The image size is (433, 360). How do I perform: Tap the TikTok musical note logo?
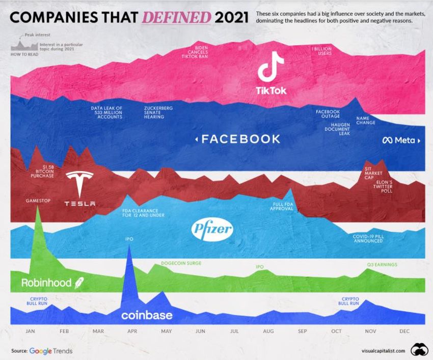point(270,68)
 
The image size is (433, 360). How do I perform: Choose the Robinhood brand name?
point(46,283)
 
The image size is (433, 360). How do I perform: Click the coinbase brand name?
point(147,316)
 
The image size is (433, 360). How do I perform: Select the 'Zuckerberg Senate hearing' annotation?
point(158,113)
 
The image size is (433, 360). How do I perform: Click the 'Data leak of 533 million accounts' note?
point(107,113)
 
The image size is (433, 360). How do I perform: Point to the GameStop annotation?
point(38,201)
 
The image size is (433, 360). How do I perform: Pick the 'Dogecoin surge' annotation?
point(181,263)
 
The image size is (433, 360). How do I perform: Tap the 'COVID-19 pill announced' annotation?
point(368,239)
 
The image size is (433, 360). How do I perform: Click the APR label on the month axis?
point(132,331)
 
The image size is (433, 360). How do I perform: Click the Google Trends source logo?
point(51,351)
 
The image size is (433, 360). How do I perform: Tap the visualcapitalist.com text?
point(383,351)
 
